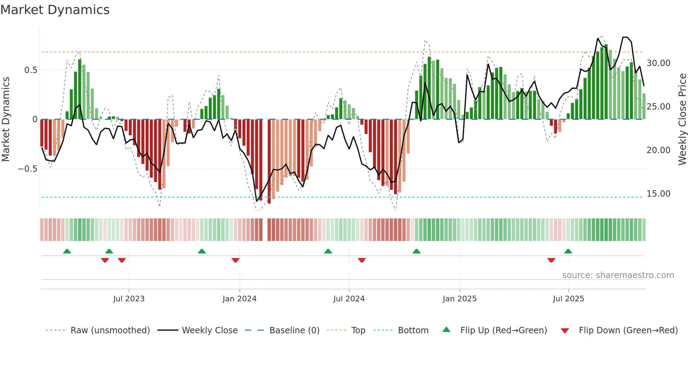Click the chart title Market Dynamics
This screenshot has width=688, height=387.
[x=55, y=10]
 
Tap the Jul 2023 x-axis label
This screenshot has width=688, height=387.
[x=129, y=299]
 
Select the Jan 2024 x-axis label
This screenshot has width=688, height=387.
[x=239, y=299]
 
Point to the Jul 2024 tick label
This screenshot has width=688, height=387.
[x=349, y=299]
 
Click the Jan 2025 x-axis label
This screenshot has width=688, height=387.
[x=459, y=299]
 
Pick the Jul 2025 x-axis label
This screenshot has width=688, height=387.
[x=568, y=299]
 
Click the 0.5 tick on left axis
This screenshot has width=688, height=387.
[x=31, y=70]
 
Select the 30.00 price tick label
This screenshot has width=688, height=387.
[x=658, y=63]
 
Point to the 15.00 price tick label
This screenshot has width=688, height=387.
[x=658, y=194]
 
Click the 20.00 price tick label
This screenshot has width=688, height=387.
[x=658, y=150]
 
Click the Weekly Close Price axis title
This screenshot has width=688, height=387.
[x=682, y=119]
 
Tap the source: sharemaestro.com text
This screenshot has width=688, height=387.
[x=618, y=275]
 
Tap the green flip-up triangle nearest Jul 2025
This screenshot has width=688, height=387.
[x=568, y=251]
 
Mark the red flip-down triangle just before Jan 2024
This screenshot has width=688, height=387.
[x=236, y=260]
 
